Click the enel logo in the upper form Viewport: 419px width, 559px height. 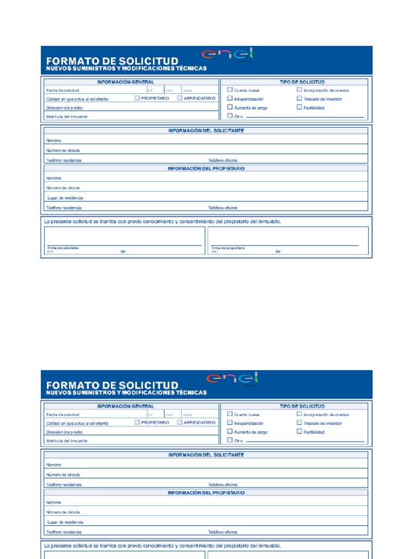pos(228,55)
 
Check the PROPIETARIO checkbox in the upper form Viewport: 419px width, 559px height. pos(137,98)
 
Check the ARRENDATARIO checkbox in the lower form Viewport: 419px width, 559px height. pos(180,422)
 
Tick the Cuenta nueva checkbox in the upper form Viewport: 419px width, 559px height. pos(230,90)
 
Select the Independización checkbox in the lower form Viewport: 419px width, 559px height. pos(230,423)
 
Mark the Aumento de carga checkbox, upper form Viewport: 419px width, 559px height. pos(230,107)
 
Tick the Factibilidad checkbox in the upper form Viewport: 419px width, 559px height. pos(300,107)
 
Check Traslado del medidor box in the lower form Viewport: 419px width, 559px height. pos(300,423)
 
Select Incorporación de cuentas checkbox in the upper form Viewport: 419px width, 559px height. pos(300,90)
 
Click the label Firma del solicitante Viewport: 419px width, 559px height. pos(63,248)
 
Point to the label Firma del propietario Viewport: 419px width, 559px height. pos(228,248)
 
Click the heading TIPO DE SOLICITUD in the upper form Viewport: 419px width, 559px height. pos(302,82)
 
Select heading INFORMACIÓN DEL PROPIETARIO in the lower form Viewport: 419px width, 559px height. pos(206,492)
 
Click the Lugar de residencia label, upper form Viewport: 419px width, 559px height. pos(65,198)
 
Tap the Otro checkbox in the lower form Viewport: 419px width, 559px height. pos(230,439)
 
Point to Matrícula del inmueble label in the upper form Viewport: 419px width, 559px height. pos(67,116)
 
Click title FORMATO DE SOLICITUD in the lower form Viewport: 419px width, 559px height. pos(112,385)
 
